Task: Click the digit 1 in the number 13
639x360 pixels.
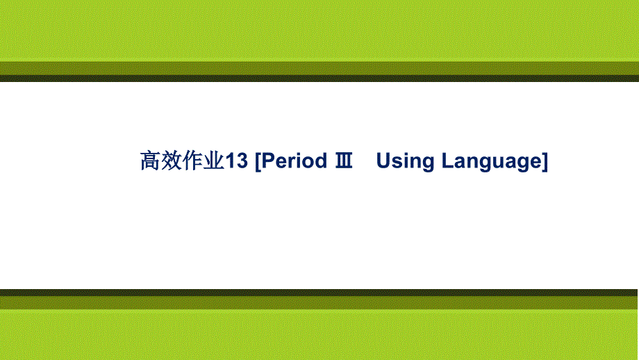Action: (x=231, y=161)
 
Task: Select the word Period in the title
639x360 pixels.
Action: (x=294, y=161)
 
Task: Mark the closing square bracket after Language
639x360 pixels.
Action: (x=545, y=162)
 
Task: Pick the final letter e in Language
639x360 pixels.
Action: (x=534, y=163)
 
